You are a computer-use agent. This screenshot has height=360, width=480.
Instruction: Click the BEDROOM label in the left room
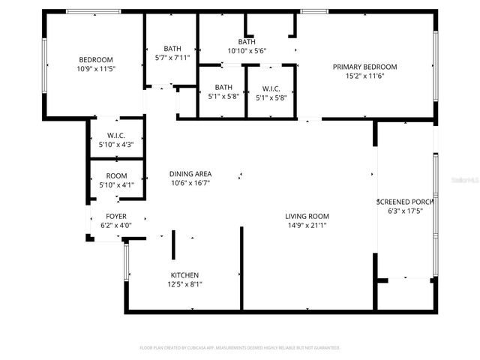(96, 60)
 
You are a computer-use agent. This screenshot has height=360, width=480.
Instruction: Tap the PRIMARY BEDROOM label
(364, 67)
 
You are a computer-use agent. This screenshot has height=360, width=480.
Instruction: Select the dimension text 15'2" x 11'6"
(364, 76)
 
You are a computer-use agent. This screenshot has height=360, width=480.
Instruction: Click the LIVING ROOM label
(307, 216)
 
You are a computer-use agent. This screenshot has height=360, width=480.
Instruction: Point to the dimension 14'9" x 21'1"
(307, 226)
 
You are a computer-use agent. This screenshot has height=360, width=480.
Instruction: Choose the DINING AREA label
(190, 173)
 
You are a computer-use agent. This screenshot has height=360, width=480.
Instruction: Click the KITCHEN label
(184, 274)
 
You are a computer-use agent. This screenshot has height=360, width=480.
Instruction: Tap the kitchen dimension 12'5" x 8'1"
(184, 284)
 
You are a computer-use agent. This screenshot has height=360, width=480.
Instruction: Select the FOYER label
(115, 215)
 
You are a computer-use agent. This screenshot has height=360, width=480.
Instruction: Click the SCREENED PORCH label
(406, 202)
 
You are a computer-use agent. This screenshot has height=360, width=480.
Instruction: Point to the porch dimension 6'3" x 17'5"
(406, 211)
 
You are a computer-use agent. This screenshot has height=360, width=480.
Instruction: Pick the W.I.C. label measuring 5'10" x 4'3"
(115, 135)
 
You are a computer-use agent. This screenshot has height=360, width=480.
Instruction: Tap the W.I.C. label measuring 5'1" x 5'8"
(271, 87)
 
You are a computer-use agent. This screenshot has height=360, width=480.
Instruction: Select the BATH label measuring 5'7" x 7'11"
(172, 48)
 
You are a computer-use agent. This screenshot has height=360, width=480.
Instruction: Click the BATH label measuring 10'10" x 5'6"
(247, 42)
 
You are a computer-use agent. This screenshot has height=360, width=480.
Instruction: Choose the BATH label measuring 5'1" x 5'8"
(223, 87)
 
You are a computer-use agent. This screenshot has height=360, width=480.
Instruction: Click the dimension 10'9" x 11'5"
(96, 69)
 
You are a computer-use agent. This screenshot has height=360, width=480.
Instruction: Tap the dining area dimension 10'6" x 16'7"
(190, 183)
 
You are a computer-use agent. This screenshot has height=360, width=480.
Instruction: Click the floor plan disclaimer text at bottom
(240, 348)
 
